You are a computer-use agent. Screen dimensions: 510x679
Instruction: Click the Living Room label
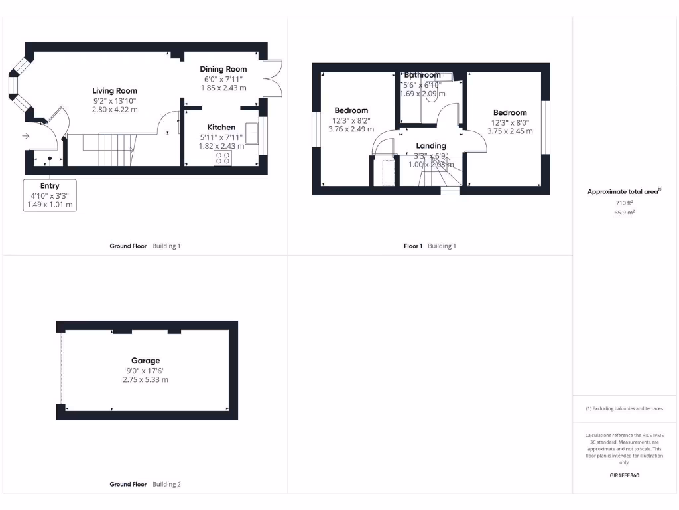coord(115,90)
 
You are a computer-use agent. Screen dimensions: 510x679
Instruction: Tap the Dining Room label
coord(223,69)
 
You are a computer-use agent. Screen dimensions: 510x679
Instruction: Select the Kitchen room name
coord(221,127)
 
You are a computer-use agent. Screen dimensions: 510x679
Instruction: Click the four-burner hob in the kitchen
coord(223,158)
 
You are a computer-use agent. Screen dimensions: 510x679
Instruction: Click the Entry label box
coord(50,195)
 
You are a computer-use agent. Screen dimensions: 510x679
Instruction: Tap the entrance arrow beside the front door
coord(25,136)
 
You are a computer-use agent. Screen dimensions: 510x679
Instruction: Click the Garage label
coord(145,361)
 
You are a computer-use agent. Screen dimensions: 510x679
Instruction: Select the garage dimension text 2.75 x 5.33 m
coord(145,379)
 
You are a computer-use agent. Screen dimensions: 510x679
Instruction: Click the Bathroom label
coord(422,75)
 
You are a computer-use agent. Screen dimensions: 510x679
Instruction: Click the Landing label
coord(431,146)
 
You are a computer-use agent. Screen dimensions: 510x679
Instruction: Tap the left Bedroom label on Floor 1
coord(351,110)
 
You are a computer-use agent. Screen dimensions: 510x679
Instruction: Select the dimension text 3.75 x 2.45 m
coord(510,131)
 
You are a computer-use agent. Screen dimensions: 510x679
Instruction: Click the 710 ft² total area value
coord(624,202)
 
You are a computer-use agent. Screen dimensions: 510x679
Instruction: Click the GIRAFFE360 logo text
coord(624,475)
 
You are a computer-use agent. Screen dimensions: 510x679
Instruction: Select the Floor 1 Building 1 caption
coord(430,246)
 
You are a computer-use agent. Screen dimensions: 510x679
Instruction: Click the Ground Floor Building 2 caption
coord(145,485)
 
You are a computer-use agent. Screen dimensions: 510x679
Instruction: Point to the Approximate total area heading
coord(624,191)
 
